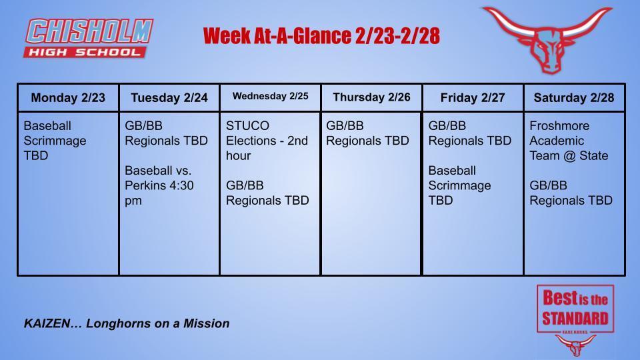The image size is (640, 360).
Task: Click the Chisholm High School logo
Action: [89, 38]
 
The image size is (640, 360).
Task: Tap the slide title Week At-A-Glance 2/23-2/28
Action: [321, 36]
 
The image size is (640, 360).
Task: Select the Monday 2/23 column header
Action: [68, 98]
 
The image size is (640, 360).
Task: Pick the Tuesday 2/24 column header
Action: [169, 98]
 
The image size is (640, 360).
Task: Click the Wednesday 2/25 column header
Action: [270, 97]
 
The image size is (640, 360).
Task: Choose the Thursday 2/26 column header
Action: [371, 97]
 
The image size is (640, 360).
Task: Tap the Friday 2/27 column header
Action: [473, 98]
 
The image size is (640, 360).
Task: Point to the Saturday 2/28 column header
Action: [574, 98]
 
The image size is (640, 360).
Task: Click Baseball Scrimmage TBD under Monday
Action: [55, 141]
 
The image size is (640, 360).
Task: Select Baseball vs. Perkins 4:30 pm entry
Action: [159, 185]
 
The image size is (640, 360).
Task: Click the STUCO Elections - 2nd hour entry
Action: [267, 141]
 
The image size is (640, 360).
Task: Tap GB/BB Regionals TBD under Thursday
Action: [367, 133]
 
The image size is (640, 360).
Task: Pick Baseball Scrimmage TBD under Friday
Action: [460, 185]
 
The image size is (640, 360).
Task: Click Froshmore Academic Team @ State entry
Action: [569, 141]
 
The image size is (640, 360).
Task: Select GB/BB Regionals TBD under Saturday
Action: [571, 193]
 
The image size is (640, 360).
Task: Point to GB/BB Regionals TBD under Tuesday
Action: [166, 133]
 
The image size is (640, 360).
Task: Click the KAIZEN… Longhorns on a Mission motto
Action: [127, 323]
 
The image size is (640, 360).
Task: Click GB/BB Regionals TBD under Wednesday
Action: [267, 193]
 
